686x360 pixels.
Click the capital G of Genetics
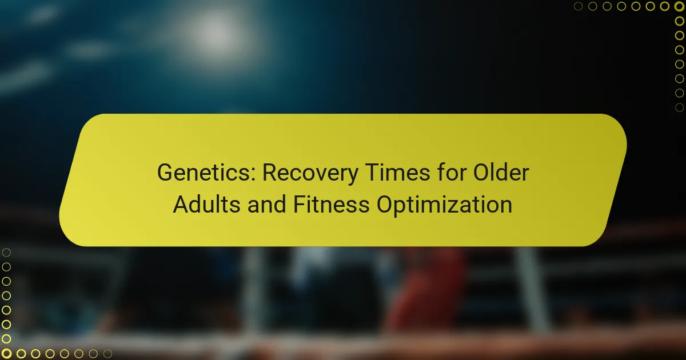pyautogui.click(x=166, y=173)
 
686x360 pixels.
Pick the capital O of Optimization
pyautogui.click(x=384, y=204)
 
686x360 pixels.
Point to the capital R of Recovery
pyautogui.click(x=270, y=173)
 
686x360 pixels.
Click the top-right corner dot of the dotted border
pyautogui.click(x=679, y=6)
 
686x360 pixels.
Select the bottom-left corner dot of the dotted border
pyautogui.click(x=6, y=354)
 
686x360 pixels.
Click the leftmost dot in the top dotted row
pyautogui.click(x=579, y=6)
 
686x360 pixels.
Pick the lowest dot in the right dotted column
pyautogui.click(x=679, y=107)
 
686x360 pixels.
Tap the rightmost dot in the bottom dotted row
pyautogui.click(x=107, y=354)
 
